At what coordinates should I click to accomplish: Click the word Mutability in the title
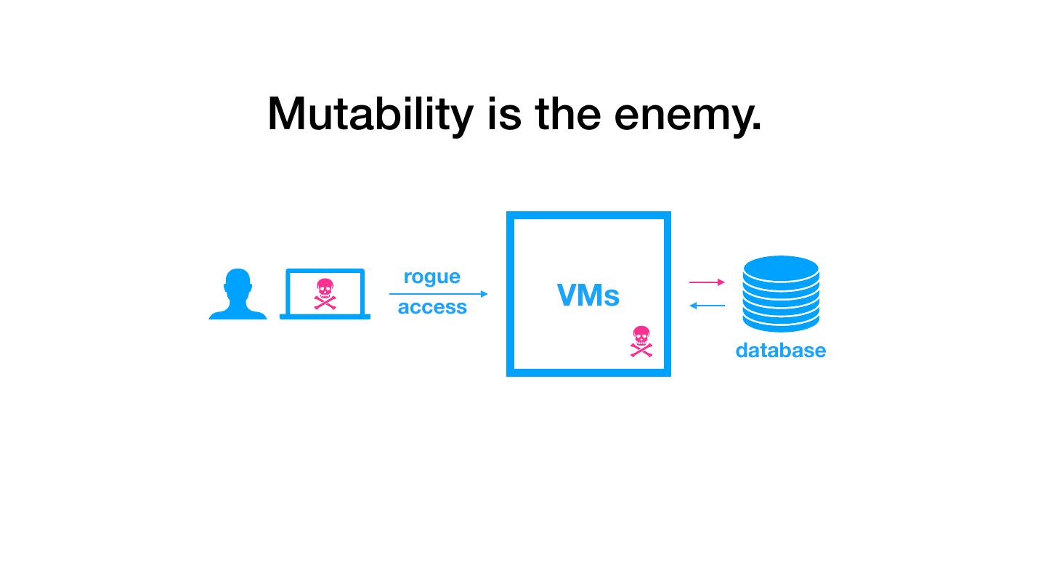pos(370,115)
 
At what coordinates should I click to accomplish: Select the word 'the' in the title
pos(568,115)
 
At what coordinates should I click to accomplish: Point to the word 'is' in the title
pos(504,115)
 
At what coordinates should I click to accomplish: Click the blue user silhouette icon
pos(238,295)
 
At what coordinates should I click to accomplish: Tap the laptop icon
pos(325,294)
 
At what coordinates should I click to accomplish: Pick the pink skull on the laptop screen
pos(325,293)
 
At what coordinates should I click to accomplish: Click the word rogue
pos(431,277)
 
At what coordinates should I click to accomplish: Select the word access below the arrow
pos(432,307)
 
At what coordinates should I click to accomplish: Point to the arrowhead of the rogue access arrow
pos(485,294)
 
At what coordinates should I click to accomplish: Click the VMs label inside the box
pos(588,295)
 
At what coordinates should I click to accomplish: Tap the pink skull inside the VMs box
pos(641,341)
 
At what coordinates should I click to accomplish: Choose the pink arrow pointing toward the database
pos(707,282)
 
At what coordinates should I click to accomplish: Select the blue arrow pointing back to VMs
pos(707,306)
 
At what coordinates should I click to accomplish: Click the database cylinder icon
pos(781,294)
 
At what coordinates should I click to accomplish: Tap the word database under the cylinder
pos(780,351)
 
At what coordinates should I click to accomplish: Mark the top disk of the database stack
pos(781,266)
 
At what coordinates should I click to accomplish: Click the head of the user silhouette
pos(238,283)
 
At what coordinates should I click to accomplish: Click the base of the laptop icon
pos(325,317)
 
